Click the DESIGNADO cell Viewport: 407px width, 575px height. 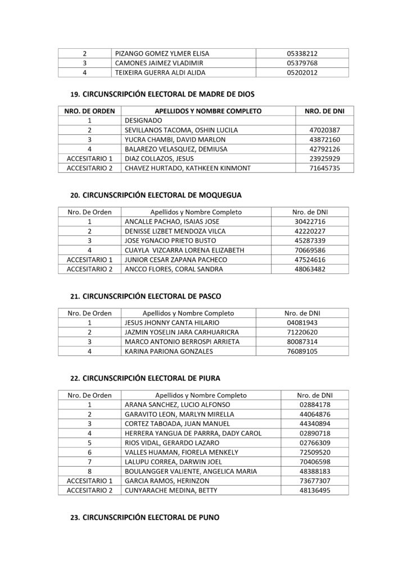click(x=143, y=120)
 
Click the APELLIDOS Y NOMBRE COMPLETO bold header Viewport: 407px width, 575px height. click(x=208, y=111)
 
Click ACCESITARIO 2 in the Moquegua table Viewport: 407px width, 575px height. click(x=89, y=269)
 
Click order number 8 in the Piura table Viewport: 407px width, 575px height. click(x=89, y=471)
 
